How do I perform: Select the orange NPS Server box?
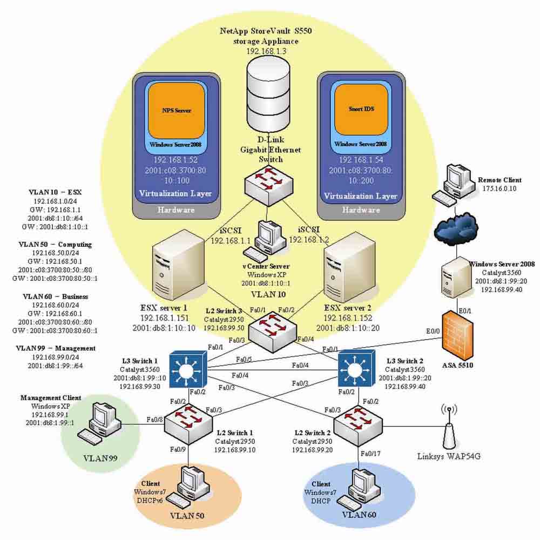point(177,110)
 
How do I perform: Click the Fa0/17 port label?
point(370,454)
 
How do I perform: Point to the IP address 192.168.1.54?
point(360,160)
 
